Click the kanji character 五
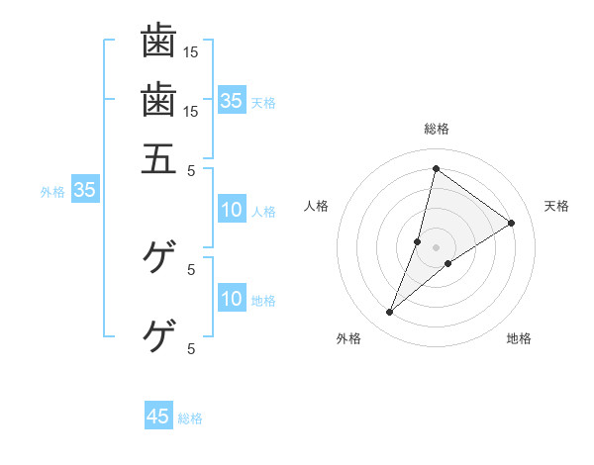[x=158, y=158]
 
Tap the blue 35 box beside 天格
[x=231, y=100]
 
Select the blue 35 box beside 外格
[x=84, y=191]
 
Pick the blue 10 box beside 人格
[x=231, y=210]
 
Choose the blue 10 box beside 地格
[x=231, y=299]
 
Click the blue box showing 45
[x=158, y=417]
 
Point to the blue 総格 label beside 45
[x=190, y=418]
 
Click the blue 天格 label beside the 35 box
[x=263, y=102]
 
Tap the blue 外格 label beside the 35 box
[x=52, y=192]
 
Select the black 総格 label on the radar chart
[x=436, y=129]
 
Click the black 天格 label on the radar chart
[x=556, y=206]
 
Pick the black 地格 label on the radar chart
[x=519, y=338]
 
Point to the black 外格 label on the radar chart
[x=348, y=338]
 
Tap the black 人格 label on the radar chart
[x=317, y=206]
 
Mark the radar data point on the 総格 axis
[x=436, y=168]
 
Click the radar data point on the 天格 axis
[x=512, y=223]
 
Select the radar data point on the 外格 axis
[x=389, y=313]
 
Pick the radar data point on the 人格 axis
[x=418, y=241]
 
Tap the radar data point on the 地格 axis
[x=447, y=263]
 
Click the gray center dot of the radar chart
[x=436, y=247]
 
